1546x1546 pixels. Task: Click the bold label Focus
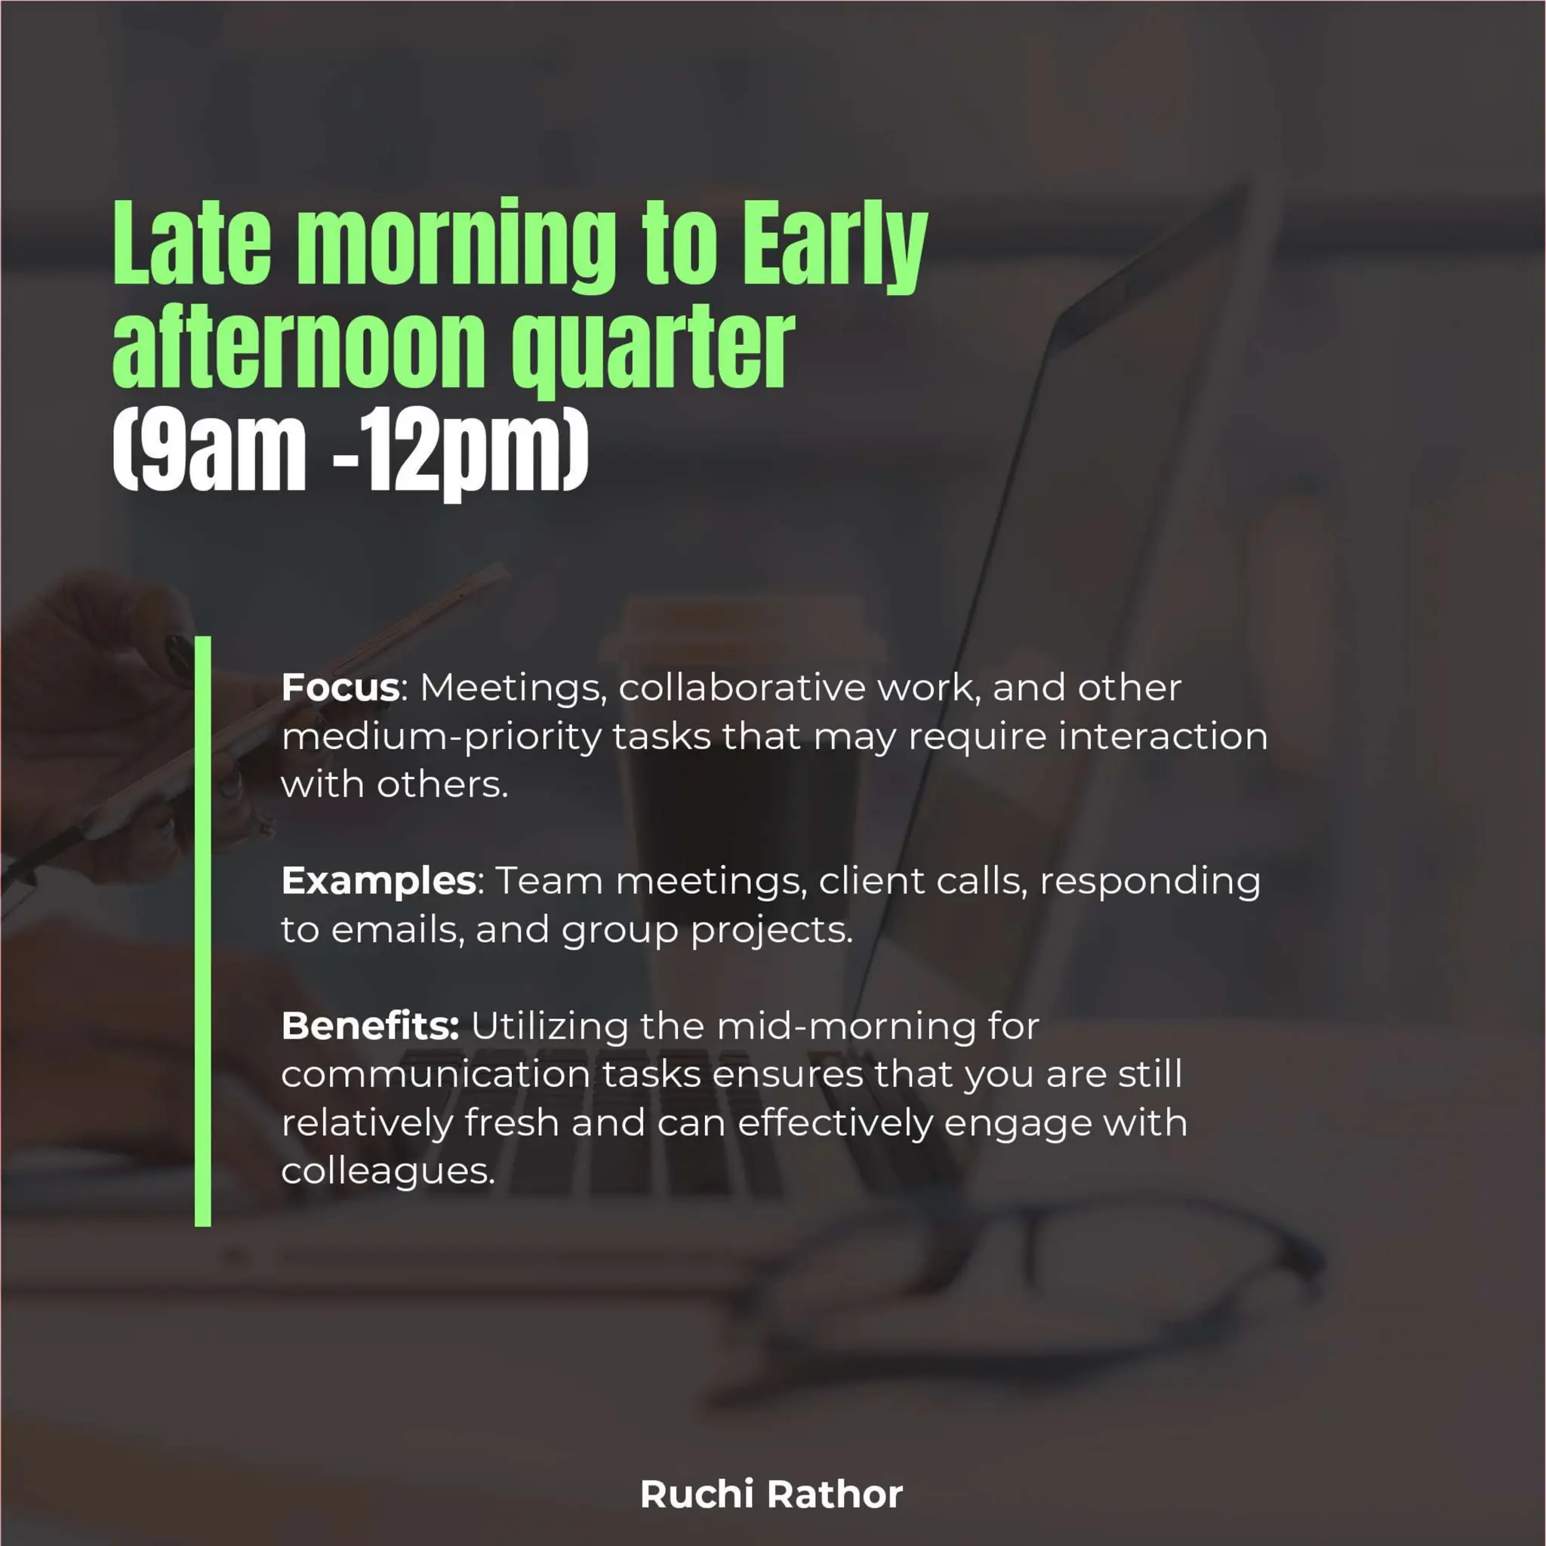tap(340, 688)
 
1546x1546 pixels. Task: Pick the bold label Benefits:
tap(371, 1027)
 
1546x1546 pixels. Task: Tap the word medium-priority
tap(441, 737)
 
